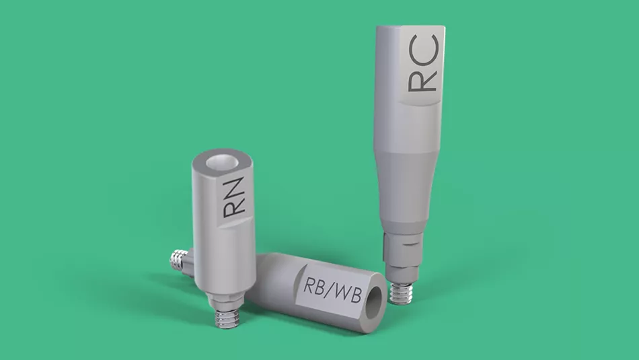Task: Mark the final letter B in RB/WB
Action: pos(356,295)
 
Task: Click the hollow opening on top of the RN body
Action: pos(222,162)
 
